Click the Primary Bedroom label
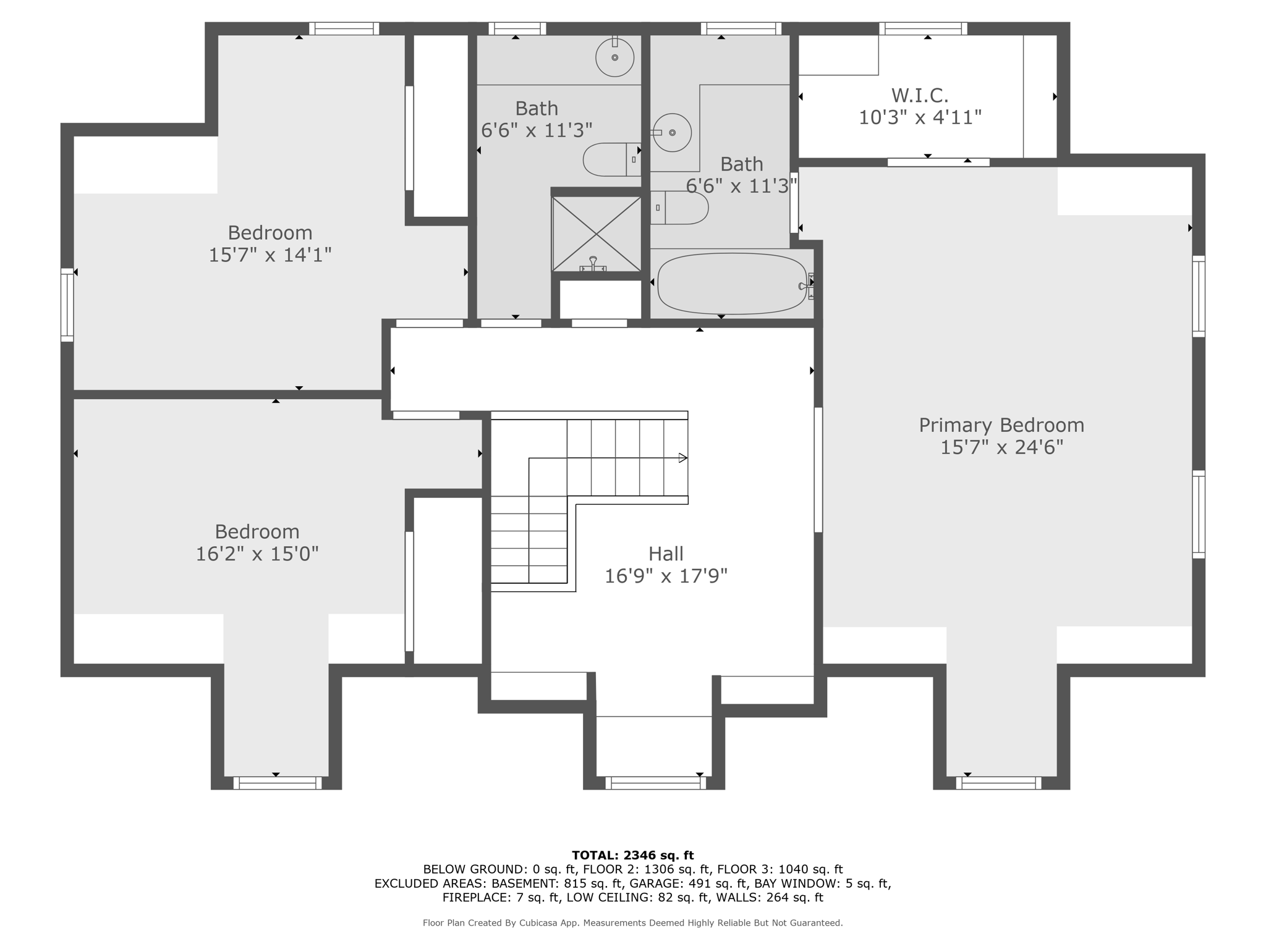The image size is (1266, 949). pyautogui.click(x=1001, y=425)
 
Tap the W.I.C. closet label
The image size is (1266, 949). pyautogui.click(x=920, y=95)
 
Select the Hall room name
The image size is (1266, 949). pyautogui.click(x=666, y=554)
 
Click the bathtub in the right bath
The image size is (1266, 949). pyautogui.click(x=733, y=284)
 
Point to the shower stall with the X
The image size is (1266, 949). pyautogui.click(x=597, y=234)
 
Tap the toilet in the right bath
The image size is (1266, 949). pyautogui.click(x=679, y=208)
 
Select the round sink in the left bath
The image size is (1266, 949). pyautogui.click(x=615, y=57)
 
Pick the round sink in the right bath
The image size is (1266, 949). pyautogui.click(x=672, y=133)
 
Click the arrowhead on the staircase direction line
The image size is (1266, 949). pyautogui.click(x=683, y=458)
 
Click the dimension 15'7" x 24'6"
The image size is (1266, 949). pyautogui.click(x=1001, y=447)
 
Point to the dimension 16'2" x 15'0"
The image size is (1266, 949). pyautogui.click(x=257, y=554)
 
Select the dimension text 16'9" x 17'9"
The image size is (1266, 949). pyautogui.click(x=666, y=576)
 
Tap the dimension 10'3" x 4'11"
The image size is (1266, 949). pyautogui.click(x=920, y=117)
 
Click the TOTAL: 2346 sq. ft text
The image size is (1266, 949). pyautogui.click(x=633, y=856)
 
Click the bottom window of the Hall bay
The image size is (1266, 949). pyautogui.click(x=655, y=783)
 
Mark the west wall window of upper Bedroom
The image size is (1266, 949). pyautogui.click(x=67, y=305)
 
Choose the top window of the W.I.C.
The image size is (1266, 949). pyautogui.click(x=923, y=28)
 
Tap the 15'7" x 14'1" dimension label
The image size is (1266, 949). pyautogui.click(x=270, y=255)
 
